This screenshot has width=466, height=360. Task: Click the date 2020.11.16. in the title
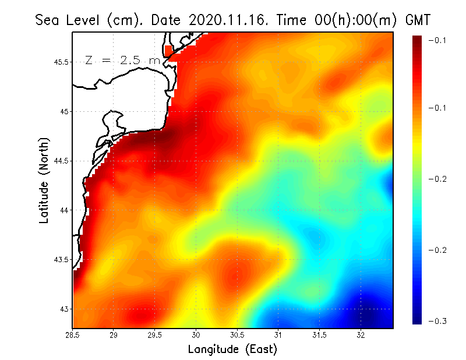coord(227,20)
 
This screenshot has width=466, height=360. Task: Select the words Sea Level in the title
coord(69,20)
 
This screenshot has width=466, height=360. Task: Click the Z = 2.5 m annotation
coord(122,60)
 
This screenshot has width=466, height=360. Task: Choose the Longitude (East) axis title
coord(232,350)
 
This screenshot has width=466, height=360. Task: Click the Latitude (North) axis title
coord(44,180)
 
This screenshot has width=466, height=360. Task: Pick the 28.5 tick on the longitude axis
coord(72,335)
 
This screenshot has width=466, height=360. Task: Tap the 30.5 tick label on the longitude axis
coord(237,335)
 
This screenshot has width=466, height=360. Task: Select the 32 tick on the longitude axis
coord(361,335)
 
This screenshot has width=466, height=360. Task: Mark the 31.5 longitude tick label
coord(319,335)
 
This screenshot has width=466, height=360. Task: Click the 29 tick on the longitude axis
coord(114,335)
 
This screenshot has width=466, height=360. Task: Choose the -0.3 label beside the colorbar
coord(436,321)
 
